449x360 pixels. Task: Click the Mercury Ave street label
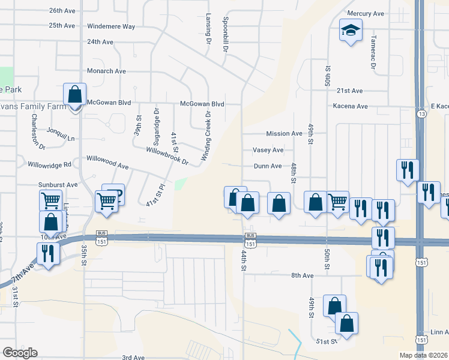[x=369, y=13]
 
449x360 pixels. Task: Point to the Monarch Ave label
[x=106, y=71]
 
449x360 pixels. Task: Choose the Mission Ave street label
[x=285, y=134]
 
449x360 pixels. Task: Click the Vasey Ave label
[x=268, y=150]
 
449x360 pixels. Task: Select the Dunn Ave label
[x=268, y=166]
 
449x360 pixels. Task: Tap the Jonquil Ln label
[x=63, y=138]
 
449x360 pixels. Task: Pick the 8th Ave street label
[x=303, y=275]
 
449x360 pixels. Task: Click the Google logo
[x=20, y=353]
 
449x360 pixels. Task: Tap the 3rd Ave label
[x=133, y=358]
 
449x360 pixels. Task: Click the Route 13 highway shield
[x=423, y=113]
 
